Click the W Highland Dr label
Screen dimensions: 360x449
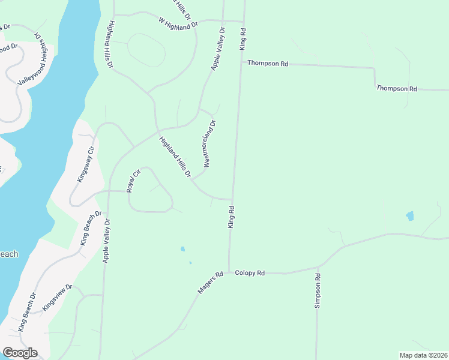click(178, 24)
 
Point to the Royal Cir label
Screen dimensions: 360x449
click(133, 181)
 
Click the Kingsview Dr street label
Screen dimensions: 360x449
click(58, 298)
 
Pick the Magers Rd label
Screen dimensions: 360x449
click(210, 283)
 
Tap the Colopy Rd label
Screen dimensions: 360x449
click(250, 273)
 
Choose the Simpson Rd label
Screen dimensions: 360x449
click(318, 291)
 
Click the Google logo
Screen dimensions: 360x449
click(20, 353)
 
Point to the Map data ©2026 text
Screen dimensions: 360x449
click(423, 355)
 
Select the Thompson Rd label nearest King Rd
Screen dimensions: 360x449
click(268, 63)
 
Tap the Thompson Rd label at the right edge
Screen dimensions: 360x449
click(396, 89)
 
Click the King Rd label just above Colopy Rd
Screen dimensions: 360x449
click(231, 217)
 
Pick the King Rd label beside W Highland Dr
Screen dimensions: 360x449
click(243, 38)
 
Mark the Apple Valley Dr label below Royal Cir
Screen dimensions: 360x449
click(106, 241)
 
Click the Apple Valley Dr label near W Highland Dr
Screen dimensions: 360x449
click(217, 49)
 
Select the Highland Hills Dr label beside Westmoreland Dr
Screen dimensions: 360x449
click(175, 157)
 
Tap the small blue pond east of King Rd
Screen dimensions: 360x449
click(410, 216)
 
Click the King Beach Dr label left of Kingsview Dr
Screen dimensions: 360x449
click(28, 312)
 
